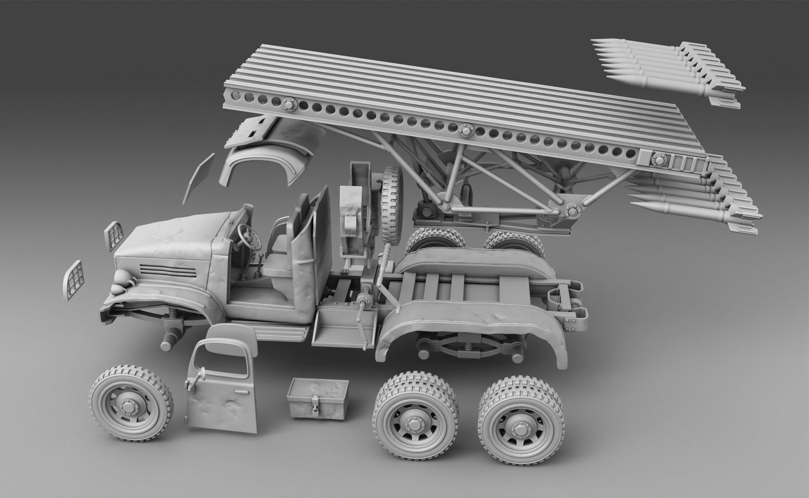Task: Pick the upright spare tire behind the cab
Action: (x=392, y=205)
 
